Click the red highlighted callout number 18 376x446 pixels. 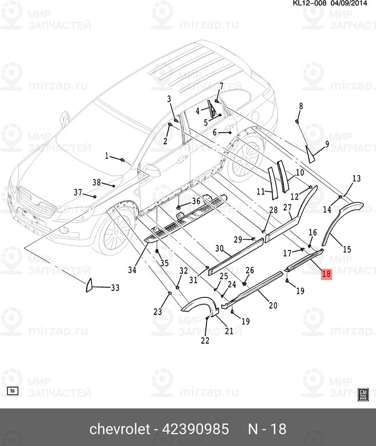tap(326, 274)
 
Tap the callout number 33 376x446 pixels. tap(115, 288)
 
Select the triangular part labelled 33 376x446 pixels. tap(89, 285)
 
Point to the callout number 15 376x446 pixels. tap(347, 250)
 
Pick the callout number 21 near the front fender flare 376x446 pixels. tap(229, 331)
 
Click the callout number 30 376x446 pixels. tap(219, 249)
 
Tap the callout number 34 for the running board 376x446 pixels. tap(132, 269)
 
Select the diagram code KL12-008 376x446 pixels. tap(310, 3)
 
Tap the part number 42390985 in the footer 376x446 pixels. tap(195, 429)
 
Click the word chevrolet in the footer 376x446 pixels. tap(120, 429)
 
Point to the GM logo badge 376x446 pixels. tap(363, 394)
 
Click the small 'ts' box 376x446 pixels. tap(12, 391)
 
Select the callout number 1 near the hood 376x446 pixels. tap(107, 156)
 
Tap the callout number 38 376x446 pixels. tap(97, 182)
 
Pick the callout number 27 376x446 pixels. tap(287, 208)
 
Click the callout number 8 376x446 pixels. tap(301, 106)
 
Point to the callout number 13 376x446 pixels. tap(356, 178)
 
